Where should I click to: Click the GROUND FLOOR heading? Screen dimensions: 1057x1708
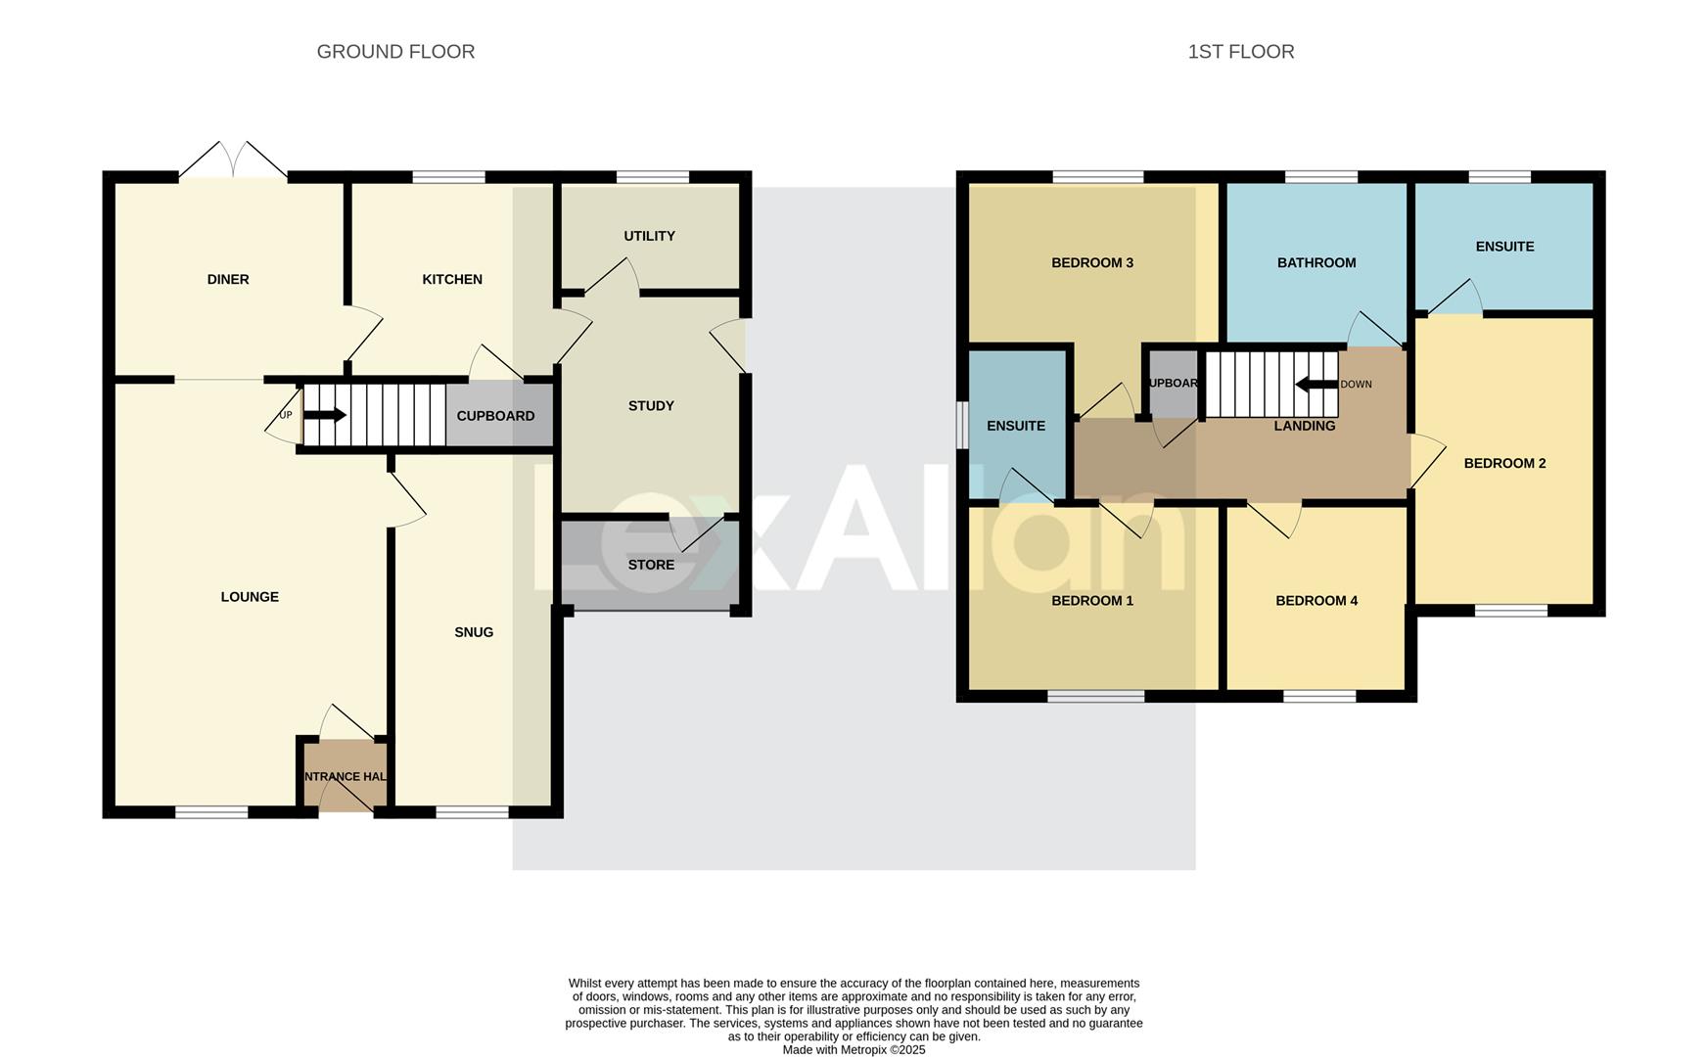click(395, 52)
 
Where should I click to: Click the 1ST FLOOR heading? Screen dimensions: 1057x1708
click(1240, 52)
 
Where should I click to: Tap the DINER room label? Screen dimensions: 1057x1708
click(227, 280)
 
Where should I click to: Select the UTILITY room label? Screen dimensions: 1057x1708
click(649, 236)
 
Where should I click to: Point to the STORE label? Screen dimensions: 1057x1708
click(651, 565)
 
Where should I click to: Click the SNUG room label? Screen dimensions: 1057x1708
click(474, 632)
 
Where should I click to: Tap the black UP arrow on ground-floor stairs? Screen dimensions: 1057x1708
click(324, 415)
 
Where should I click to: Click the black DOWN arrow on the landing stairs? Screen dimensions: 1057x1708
click(1316, 385)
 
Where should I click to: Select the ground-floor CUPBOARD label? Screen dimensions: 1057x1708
click(495, 416)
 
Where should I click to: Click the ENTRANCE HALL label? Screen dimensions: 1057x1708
click(345, 777)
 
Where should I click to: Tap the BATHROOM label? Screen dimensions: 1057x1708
click(1316, 263)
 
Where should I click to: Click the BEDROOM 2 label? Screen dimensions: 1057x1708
click(1504, 464)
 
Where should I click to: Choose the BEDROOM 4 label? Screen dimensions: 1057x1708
click(1316, 601)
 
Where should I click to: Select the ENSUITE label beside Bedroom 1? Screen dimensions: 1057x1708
click(1015, 426)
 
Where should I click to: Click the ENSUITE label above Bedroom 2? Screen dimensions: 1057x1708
click(1504, 247)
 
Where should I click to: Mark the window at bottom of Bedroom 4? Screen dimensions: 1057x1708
click(1319, 697)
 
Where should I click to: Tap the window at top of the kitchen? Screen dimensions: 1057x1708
click(448, 177)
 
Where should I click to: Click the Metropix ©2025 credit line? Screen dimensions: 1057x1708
click(854, 1050)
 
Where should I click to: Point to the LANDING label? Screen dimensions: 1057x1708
click(1304, 426)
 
